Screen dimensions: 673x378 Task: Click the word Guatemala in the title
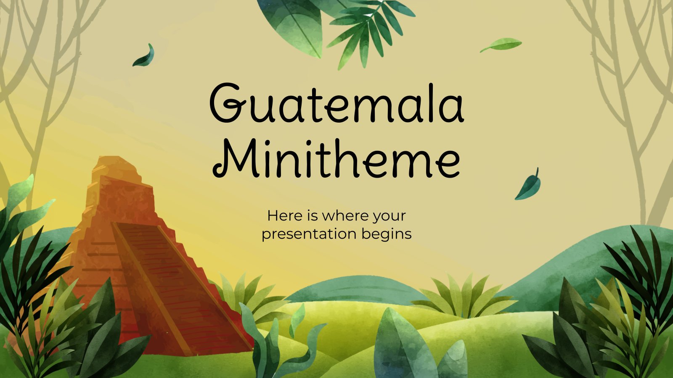[336, 103]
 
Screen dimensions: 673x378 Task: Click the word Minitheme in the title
[336, 158]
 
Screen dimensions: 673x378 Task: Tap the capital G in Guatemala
[226, 103]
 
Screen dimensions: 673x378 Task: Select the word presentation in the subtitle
[309, 234]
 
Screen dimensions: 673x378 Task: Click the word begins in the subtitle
[387, 234]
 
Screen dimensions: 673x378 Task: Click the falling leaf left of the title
[144, 55]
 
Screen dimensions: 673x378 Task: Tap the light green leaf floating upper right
[501, 45]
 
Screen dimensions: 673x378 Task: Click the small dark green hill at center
[355, 289]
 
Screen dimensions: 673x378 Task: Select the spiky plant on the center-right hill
[464, 297]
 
